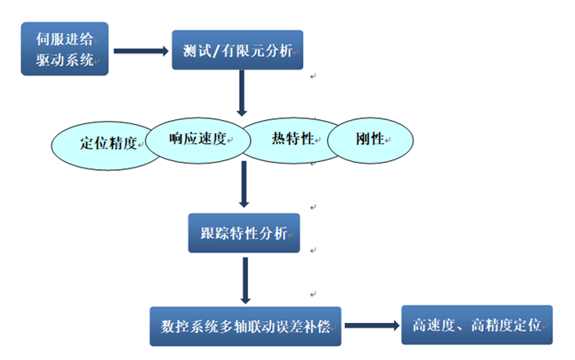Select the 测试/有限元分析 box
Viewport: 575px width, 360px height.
[237, 49]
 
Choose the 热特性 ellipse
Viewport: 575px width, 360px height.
[291, 139]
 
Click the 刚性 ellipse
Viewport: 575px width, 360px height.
[370, 141]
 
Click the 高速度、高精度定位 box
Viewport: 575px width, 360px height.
[476, 324]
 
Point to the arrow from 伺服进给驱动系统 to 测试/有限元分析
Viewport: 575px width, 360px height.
[140, 50]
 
